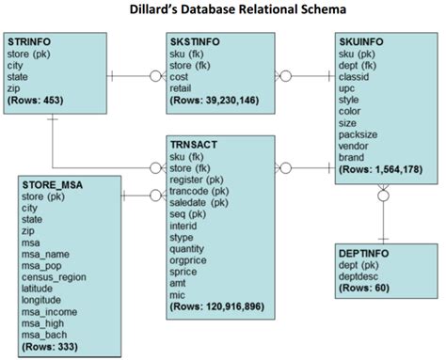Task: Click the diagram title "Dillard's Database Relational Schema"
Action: tap(224, 10)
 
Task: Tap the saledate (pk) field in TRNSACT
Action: tap(199, 201)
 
